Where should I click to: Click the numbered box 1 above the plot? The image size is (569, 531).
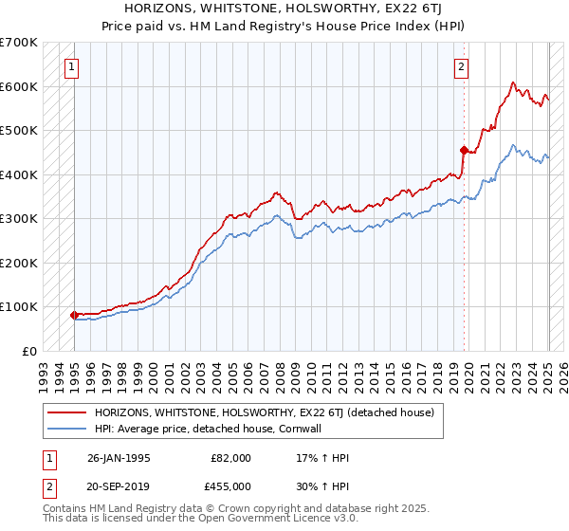73,66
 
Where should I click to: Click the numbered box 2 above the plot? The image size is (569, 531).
460,66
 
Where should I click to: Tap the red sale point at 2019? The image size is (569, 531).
464,150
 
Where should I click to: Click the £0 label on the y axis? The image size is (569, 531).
28,351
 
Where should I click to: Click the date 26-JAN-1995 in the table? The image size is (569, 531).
119,458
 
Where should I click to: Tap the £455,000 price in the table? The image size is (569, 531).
231,486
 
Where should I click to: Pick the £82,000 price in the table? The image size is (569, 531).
231,458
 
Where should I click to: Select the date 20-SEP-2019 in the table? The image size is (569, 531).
119,486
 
